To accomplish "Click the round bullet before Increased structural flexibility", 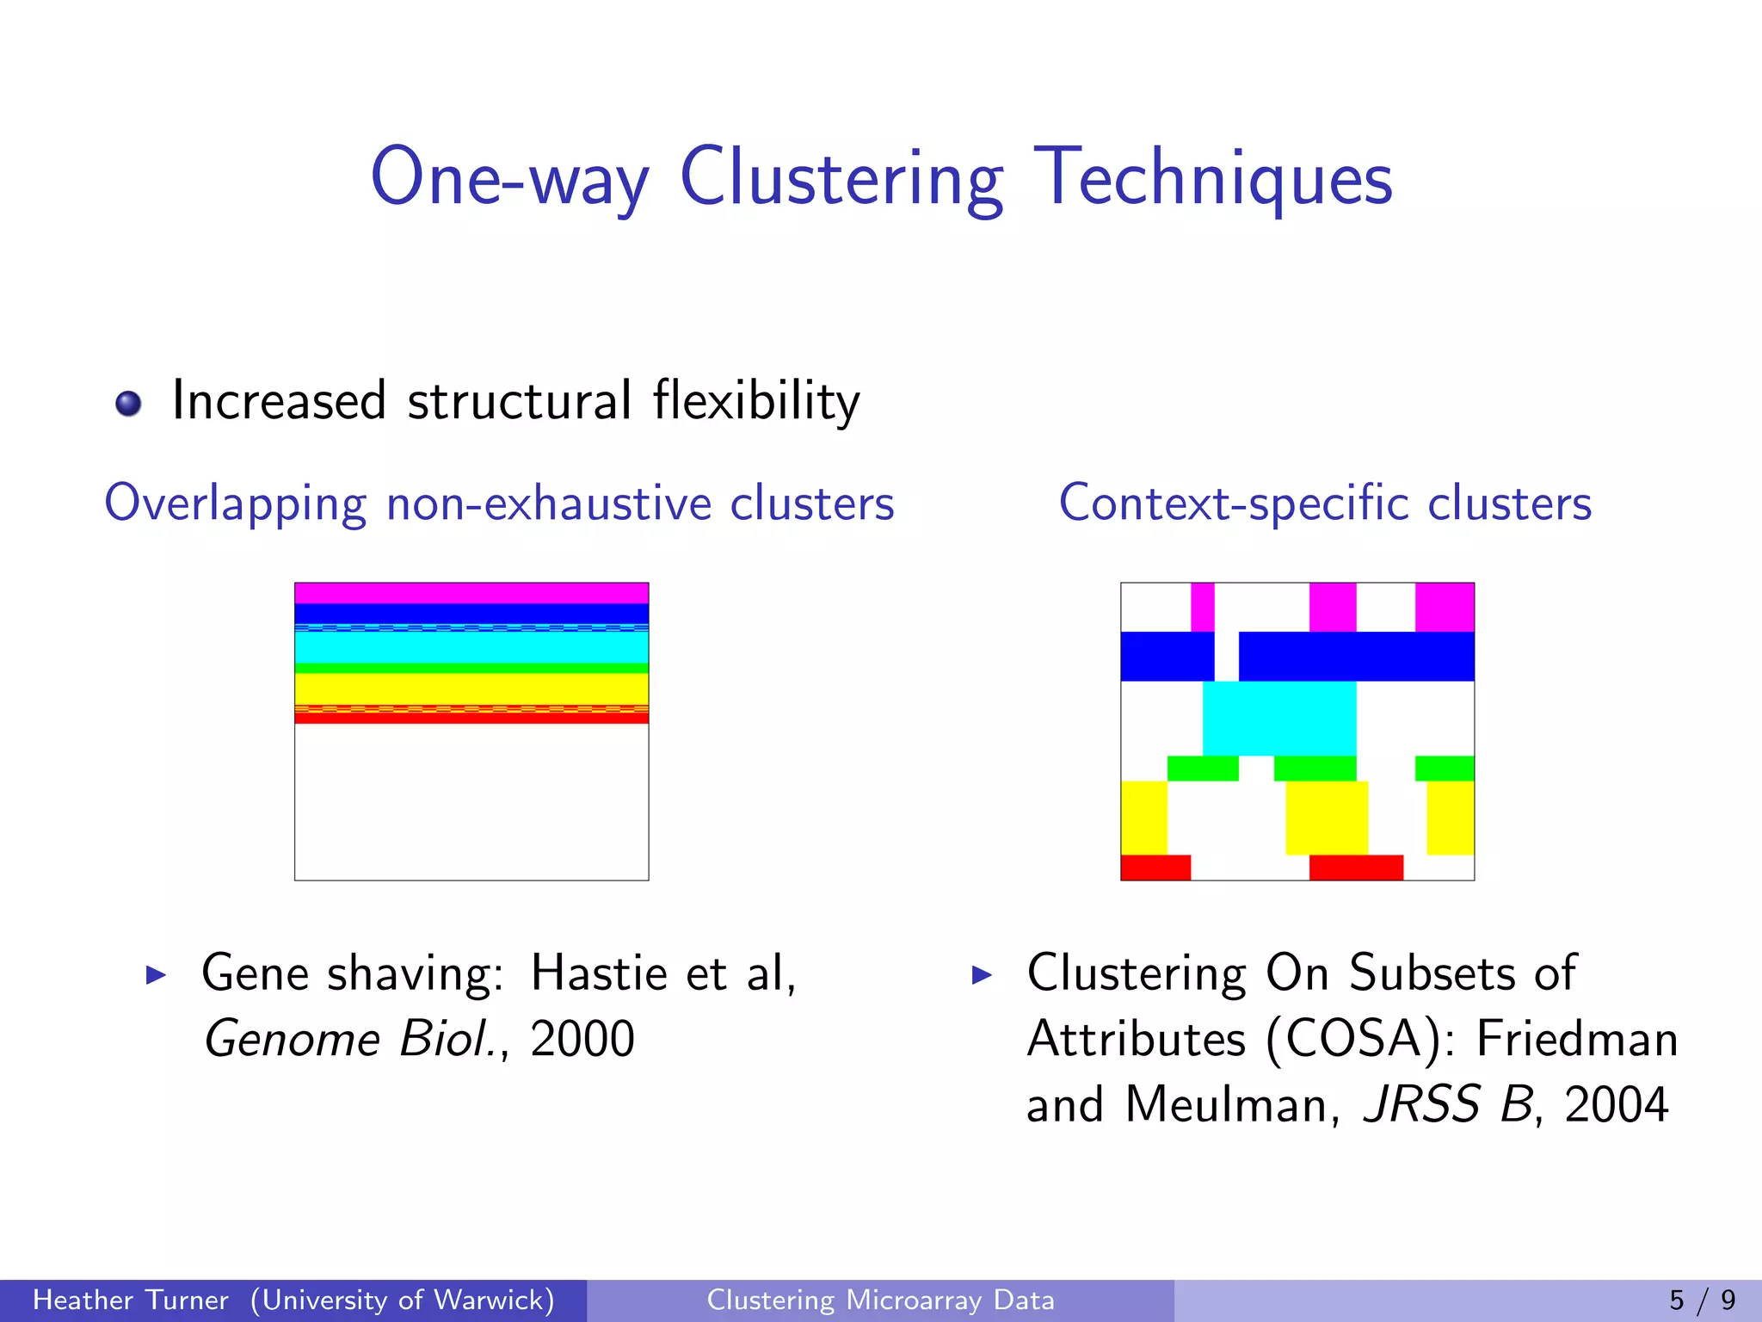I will pos(128,403).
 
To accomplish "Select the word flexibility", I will pos(755,401).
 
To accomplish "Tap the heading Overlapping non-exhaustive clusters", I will pos(499,503).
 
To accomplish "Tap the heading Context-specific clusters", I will pos(1325,503).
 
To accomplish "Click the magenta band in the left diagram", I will pos(471,593).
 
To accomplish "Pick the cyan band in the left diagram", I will pos(471,647).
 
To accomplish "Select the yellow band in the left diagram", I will pos(471,689).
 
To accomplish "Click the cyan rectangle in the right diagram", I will pos(1278,718).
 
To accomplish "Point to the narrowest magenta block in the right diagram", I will pos(1202,607).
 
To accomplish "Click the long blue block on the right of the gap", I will pos(1356,656).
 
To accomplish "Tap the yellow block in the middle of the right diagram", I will pos(1326,818).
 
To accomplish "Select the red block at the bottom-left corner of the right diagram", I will pos(1155,867).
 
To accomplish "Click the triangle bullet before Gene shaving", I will pos(156,975).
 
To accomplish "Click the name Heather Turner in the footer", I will pos(131,1300).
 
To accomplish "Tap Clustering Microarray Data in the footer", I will pos(880,1300).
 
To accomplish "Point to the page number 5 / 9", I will pos(1702,1300).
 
